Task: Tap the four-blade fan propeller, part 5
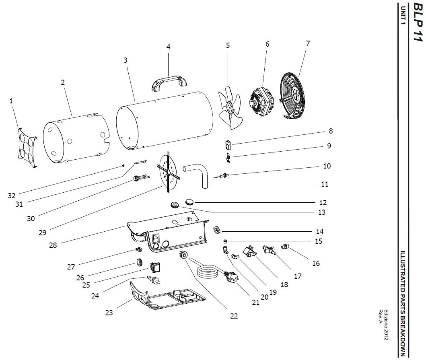tap(229, 108)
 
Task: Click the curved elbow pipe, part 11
tap(199, 173)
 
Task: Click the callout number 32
tap(11, 196)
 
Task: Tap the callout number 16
tap(316, 263)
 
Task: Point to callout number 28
tap(53, 245)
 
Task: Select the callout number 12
tap(323, 203)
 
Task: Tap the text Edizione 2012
tap(386, 325)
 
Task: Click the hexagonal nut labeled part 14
tap(216, 230)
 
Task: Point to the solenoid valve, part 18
tap(250, 253)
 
